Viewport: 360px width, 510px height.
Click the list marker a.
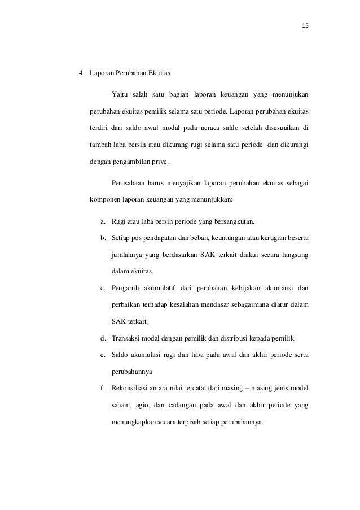pyautogui.click(x=103, y=221)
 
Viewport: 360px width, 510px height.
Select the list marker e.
pyautogui.click(x=103, y=355)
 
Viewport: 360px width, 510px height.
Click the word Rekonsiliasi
pyautogui.click(x=134, y=387)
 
